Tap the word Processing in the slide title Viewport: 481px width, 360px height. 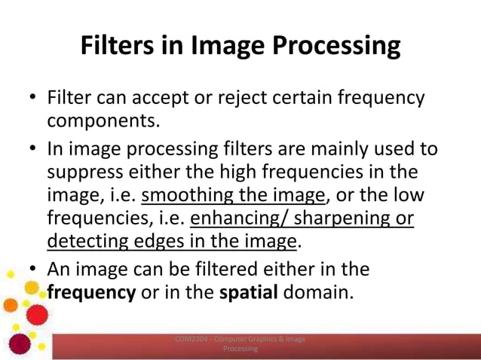pyautogui.click(x=336, y=46)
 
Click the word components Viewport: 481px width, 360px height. pyautogui.click(x=103, y=121)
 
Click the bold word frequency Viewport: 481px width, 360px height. pyautogui.click(x=91, y=292)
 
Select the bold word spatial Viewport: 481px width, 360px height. pyautogui.click(x=249, y=292)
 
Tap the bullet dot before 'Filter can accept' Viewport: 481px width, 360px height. pyautogui.click(x=34, y=98)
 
